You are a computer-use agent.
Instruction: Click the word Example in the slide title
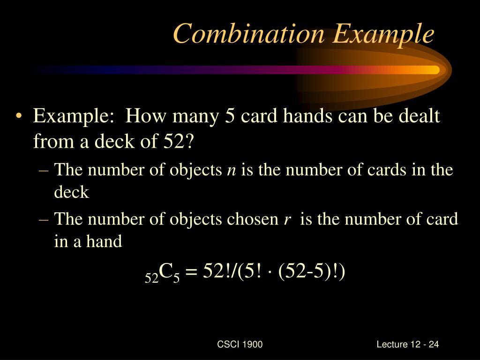(x=383, y=34)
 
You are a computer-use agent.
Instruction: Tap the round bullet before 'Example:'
(x=19, y=117)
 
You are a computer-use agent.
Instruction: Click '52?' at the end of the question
(x=179, y=140)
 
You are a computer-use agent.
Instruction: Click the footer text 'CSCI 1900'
(x=240, y=345)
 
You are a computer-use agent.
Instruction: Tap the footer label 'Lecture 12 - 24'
(x=407, y=345)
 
